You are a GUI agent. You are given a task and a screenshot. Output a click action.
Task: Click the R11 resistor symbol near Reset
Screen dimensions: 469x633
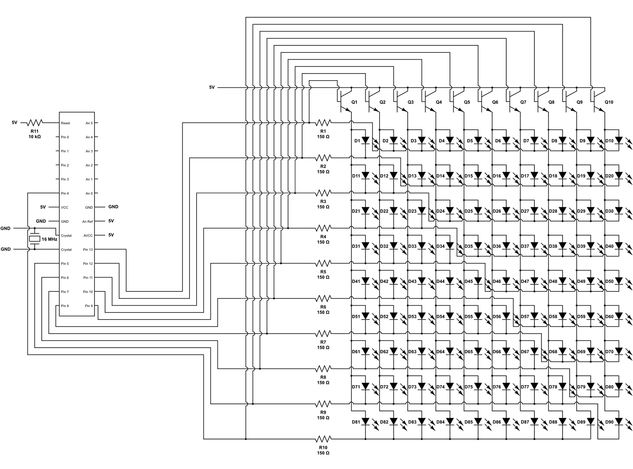coord(35,123)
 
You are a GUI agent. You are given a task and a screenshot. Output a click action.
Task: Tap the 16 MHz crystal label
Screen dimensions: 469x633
coord(49,239)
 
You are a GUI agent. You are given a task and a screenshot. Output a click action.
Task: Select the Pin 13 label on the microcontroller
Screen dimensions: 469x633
coord(88,250)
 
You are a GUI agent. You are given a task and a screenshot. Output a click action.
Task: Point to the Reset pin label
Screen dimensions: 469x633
coord(65,123)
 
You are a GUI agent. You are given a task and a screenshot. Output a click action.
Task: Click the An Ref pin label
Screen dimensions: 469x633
coord(87,221)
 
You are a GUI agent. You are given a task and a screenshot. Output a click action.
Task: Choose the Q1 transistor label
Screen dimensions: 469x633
coord(354,102)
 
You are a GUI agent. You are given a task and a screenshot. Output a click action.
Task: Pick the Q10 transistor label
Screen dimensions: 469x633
coord(609,102)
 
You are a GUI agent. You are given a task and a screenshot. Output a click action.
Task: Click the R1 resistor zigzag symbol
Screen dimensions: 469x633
coord(323,122)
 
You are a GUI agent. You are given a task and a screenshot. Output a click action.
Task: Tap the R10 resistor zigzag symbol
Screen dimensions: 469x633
coord(323,439)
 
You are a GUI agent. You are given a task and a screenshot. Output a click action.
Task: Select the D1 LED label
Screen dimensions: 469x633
coord(356,141)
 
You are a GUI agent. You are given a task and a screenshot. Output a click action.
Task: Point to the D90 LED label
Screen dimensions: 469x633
coord(610,422)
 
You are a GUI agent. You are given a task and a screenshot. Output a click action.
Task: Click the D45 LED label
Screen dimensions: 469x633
coord(469,281)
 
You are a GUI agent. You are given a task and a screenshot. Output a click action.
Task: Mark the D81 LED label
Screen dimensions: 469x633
coord(356,422)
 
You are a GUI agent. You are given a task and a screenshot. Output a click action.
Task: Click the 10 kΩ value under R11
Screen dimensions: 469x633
coord(34,137)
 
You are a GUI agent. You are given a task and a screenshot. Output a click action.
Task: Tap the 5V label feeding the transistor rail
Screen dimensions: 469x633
coord(212,87)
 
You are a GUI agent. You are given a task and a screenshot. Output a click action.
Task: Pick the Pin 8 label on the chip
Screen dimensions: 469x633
coord(65,306)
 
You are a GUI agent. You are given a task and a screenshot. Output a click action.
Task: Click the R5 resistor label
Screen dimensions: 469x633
coord(323,272)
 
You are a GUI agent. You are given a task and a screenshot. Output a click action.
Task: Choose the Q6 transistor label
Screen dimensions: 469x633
coord(495,102)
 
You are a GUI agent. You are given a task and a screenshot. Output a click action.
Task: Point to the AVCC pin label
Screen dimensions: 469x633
coord(88,235)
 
